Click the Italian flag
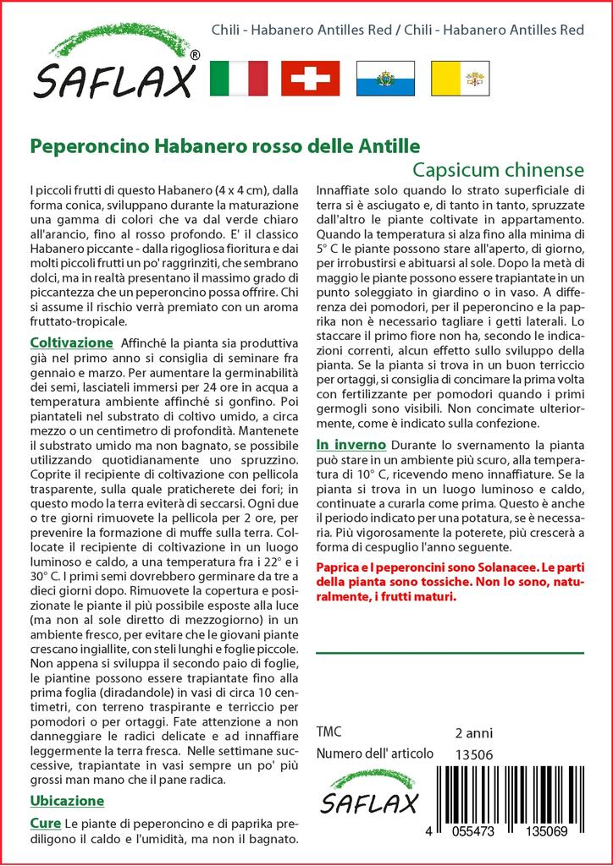pyautogui.click(x=238, y=78)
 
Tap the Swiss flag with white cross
pyautogui.click(x=310, y=78)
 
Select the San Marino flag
pyautogui.click(x=384, y=78)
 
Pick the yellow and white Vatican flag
pyautogui.click(x=459, y=78)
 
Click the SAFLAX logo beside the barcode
pyautogui.click(x=370, y=792)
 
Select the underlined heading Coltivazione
pyautogui.click(x=71, y=343)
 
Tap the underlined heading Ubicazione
pyautogui.click(x=67, y=800)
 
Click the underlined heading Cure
pyautogui.click(x=45, y=823)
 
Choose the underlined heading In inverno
pyautogui.click(x=351, y=444)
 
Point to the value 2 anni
pyautogui.click(x=473, y=732)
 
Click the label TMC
pyautogui.click(x=329, y=732)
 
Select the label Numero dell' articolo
pyautogui.click(x=375, y=754)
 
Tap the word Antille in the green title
pyautogui.click(x=390, y=145)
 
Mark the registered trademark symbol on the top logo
pyautogui.click(x=196, y=55)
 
